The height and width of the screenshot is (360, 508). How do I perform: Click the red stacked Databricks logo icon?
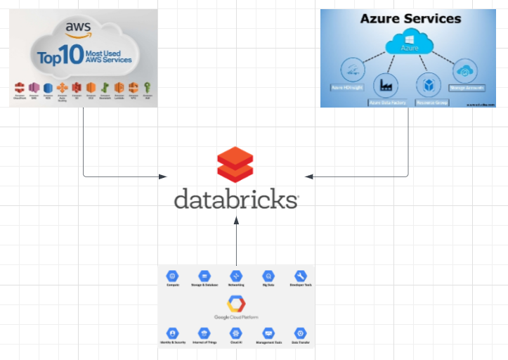[236, 165]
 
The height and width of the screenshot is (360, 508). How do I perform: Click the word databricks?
[236, 199]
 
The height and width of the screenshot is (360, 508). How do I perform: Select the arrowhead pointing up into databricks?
[236, 221]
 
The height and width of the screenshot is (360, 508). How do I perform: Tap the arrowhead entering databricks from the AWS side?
[164, 176]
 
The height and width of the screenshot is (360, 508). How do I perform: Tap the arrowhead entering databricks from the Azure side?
[310, 176]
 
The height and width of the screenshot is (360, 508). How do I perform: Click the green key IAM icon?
[147, 88]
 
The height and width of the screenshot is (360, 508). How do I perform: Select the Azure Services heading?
[410, 19]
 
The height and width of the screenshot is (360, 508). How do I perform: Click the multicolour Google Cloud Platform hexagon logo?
[235, 304]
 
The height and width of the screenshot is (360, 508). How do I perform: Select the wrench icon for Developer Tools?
[300, 276]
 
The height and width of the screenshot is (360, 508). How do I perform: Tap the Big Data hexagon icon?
[268, 276]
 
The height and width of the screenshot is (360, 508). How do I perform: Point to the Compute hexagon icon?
[172, 276]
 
